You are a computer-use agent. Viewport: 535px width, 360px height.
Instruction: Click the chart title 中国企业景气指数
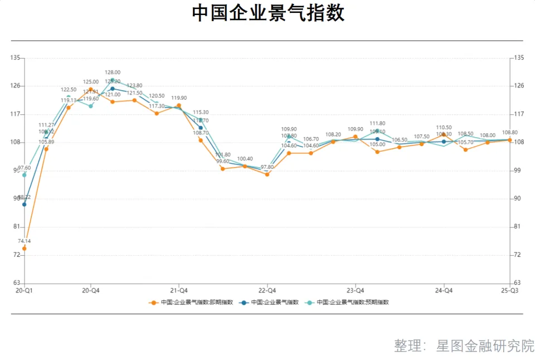click(268, 13)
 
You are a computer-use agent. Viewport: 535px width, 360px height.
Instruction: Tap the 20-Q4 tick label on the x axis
click(91, 290)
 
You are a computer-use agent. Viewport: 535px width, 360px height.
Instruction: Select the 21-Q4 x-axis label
click(179, 290)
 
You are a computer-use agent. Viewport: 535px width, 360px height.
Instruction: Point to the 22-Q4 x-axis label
click(267, 290)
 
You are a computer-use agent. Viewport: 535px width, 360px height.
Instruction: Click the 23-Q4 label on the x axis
click(356, 290)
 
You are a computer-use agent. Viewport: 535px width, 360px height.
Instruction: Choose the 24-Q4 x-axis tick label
click(444, 290)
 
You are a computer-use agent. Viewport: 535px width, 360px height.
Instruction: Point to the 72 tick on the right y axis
click(518, 255)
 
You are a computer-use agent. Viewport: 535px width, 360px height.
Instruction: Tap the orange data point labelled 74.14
click(25, 249)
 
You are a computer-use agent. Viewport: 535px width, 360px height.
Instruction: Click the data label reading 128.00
click(113, 72)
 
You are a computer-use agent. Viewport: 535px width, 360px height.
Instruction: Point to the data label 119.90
click(179, 98)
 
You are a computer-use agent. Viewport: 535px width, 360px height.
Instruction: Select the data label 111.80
click(377, 123)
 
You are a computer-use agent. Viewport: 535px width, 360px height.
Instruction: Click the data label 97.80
click(267, 167)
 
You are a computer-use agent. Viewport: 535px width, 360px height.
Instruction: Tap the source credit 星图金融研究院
click(486, 346)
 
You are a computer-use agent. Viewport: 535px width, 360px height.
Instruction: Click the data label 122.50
click(69, 89)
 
